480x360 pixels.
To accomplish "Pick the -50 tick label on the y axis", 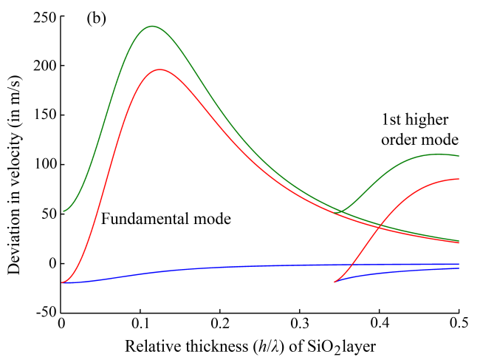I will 41,313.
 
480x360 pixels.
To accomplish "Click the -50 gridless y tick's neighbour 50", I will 46,214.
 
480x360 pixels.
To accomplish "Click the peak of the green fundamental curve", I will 152,27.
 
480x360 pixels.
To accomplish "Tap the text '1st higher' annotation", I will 416,120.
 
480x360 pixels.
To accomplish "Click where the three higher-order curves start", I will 335,282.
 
